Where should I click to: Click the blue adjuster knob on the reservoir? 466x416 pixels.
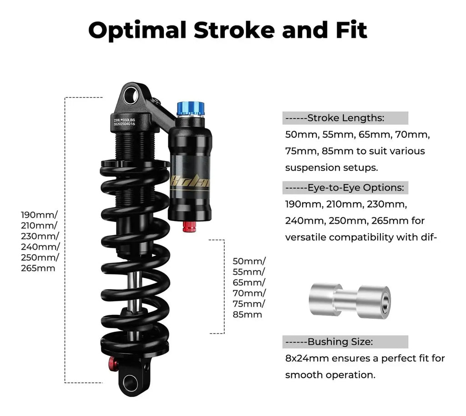tap(191, 108)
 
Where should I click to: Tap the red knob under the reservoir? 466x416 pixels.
tap(189, 226)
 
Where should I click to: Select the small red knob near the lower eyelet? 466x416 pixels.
tap(112, 362)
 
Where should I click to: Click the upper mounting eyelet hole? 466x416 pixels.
tap(131, 96)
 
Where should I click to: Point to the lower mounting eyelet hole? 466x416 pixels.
tap(130, 383)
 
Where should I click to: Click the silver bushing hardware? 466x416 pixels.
tap(350, 301)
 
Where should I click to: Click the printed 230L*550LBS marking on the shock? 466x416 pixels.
tap(125, 120)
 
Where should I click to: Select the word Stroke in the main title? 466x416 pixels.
tap(234, 31)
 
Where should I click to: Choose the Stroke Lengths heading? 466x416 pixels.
tap(345, 118)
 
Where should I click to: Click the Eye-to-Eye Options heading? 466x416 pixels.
tap(345, 188)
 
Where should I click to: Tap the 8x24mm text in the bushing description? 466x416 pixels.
tap(307, 358)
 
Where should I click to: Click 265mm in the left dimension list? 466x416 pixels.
tap(38, 268)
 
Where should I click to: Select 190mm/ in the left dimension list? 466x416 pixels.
tap(39, 215)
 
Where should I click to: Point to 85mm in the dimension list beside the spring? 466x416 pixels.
tap(247, 314)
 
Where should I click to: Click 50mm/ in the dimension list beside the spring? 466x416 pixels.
tap(249, 261)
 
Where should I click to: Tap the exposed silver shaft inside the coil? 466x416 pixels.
tap(134, 290)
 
